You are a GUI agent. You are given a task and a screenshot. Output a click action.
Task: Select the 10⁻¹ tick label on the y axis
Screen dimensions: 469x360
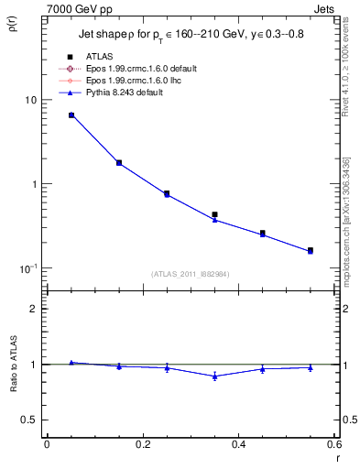pyautogui.click(x=27, y=268)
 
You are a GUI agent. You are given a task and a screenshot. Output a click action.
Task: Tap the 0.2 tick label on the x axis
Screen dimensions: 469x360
pyautogui.click(x=142, y=445)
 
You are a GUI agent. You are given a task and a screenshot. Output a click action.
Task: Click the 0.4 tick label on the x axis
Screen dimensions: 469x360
pyautogui.click(x=238, y=445)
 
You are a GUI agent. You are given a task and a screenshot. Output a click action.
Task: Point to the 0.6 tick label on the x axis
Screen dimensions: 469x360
pyautogui.click(x=333, y=445)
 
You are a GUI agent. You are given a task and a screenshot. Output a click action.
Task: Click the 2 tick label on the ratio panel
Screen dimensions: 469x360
pyautogui.click(x=34, y=309)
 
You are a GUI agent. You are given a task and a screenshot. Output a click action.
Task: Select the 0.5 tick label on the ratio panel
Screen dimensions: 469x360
pyautogui.click(x=30, y=420)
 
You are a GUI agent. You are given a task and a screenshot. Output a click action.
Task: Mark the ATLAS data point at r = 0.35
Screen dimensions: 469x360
pyautogui.click(x=214, y=214)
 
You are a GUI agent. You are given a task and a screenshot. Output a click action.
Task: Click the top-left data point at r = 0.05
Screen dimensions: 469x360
pyautogui.click(x=71, y=115)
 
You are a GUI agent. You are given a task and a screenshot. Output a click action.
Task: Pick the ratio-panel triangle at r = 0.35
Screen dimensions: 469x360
pyautogui.click(x=214, y=376)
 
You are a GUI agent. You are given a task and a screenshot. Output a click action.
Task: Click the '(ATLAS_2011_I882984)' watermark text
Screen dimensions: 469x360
pyautogui.click(x=191, y=274)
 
